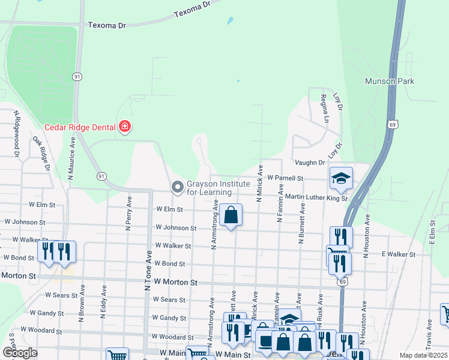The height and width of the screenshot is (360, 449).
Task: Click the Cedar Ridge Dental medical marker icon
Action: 125,127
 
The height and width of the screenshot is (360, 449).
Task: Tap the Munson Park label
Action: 390,81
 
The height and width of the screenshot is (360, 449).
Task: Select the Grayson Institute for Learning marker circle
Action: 177,187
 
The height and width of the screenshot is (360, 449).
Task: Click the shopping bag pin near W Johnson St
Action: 231,214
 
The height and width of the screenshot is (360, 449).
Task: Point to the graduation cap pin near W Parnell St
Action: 341,178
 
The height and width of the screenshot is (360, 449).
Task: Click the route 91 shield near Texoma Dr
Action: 77,77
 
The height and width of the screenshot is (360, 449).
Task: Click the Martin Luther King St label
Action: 316,197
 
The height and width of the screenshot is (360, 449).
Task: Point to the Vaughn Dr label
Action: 310,163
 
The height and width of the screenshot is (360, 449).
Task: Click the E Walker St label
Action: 399,254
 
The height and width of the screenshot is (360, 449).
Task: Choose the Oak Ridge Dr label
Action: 41,153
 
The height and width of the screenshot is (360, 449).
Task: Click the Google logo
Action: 20,353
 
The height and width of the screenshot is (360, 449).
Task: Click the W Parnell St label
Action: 286,178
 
